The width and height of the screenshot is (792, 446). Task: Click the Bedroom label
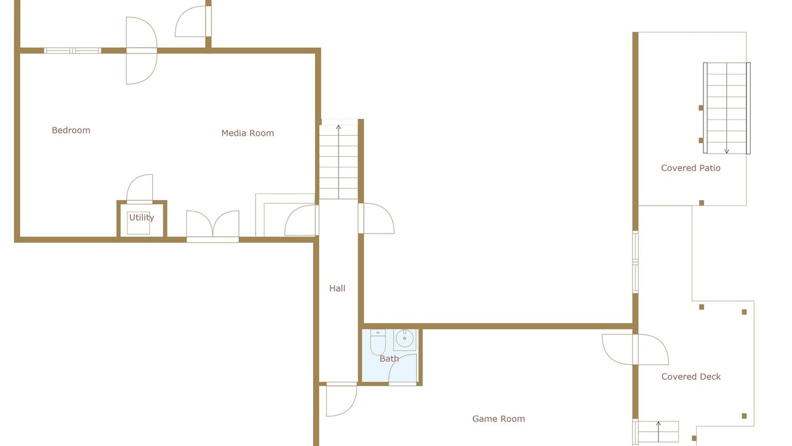(x=71, y=130)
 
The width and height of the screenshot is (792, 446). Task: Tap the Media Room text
(x=247, y=133)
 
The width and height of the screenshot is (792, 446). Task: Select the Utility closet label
(x=142, y=217)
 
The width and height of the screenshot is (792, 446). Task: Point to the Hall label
(x=337, y=289)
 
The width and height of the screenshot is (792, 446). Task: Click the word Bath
(x=389, y=359)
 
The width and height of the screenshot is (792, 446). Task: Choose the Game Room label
(x=499, y=419)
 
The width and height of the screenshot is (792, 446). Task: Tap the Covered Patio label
(x=691, y=168)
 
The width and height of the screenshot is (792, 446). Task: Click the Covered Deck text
(x=691, y=377)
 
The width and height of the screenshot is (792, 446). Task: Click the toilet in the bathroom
(x=377, y=342)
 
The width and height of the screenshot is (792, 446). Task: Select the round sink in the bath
(x=405, y=339)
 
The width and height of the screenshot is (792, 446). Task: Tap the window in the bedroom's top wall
(x=72, y=51)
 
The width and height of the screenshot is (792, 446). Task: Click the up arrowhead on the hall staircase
(x=338, y=127)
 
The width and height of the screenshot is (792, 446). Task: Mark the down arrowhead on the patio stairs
(x=726, y=151)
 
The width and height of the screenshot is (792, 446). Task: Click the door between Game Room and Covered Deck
(x=635, y=349)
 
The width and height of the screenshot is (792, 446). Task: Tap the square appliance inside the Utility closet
(x=138, y=223)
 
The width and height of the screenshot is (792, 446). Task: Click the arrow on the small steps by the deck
(x=658, y=431)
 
